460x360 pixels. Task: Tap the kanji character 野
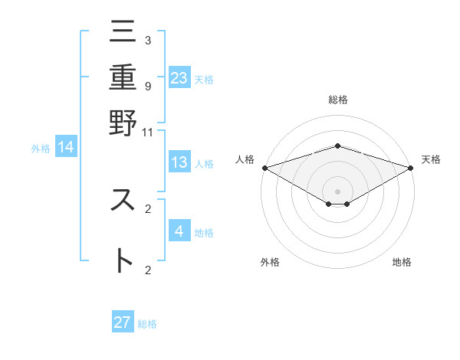[x=123, y=123]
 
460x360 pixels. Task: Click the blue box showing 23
[x=179, y=77]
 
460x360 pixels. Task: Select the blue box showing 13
[x=179, y=162]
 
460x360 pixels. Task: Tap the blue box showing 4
[x=179, y=231]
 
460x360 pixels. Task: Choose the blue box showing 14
[x=66, y=147]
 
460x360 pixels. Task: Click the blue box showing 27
[x=123, y=322]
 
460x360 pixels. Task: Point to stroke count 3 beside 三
[x=148, y=40]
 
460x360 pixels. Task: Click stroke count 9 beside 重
[x=148, y=86]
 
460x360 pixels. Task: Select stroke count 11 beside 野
[x=148, y=132]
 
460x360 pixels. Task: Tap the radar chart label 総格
[x=337, y=100]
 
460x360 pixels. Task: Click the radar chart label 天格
[x=432, y=159]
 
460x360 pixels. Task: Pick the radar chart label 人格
[x=245, y=159]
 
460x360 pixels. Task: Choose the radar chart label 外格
[x=270, y=263]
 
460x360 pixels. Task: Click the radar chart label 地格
[x=402, y=263]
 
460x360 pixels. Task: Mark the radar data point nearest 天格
[x=411, y=168]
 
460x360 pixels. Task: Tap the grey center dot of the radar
[x=337, y=191]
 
